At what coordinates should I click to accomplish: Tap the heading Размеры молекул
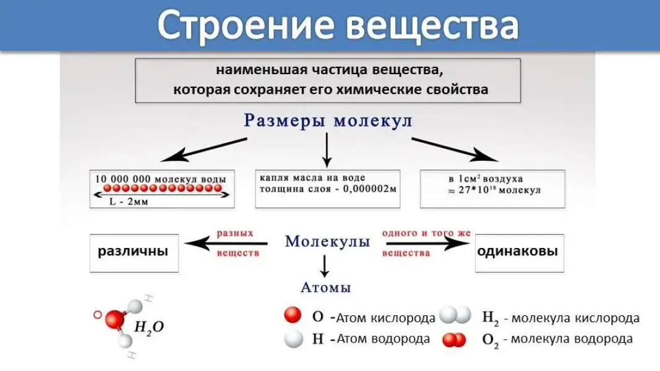pos(328,121)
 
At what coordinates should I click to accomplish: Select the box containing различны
pos(134,252)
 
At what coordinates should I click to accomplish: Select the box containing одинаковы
pos(519,252)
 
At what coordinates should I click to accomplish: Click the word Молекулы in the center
pos(327,241)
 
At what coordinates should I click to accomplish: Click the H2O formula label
pos(149,328)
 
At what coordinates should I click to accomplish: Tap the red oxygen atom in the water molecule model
pos(113,320)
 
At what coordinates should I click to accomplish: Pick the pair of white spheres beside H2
pos(455,317)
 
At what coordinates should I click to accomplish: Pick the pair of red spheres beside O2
pos(455,339)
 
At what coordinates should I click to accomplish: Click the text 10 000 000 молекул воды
pos(160,178)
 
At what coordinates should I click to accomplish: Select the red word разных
pos(235,234)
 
